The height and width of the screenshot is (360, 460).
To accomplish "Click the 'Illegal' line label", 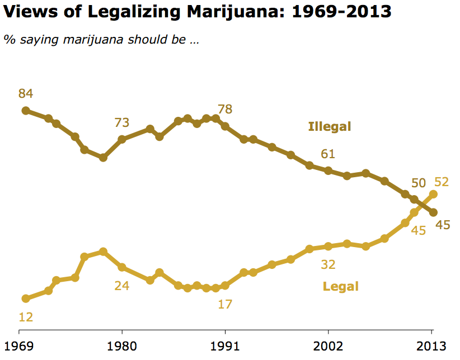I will [x=330, y=127].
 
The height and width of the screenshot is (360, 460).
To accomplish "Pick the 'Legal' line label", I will [x=340, y=287].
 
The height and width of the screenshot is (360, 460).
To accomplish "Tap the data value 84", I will [x=26, y=93].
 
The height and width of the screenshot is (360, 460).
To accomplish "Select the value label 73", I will [x=122, y=122].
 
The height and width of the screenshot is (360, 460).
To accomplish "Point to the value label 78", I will [x=225, y=109].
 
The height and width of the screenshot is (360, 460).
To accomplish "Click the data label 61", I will [x=328, y=154].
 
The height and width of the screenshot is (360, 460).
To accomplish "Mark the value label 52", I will [x=442, y=182].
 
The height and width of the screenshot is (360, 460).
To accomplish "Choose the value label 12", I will [x=26, y=317].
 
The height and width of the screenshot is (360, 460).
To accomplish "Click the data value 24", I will [x=122, y=286].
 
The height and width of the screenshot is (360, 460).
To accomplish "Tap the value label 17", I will [x=225, y=305].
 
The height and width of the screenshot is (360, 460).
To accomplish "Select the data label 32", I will [x=328, y=264].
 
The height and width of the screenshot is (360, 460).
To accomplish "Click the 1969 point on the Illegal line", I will [x=26, y=110].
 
